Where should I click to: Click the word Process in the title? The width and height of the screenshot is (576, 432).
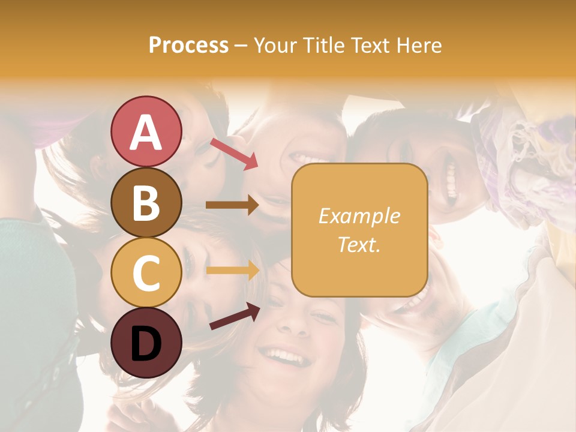[188, 45]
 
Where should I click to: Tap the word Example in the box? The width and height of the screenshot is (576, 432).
[359, 216]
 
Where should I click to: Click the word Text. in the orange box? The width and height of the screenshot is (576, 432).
[359, 244]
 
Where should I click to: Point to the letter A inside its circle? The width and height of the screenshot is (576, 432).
[146, 132]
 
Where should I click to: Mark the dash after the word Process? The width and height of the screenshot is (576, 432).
[241, 46]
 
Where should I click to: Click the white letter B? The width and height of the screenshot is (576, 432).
[146, 203]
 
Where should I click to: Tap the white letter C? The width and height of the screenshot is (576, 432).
[146, 273]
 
